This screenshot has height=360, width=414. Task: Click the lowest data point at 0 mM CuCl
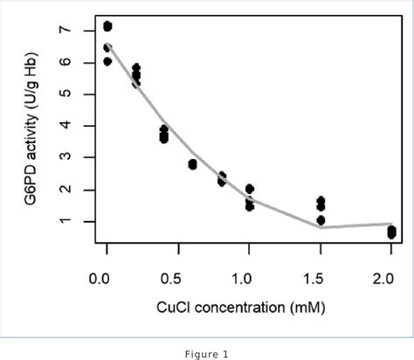(107, 61)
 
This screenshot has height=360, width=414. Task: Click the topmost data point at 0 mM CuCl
(107, 26)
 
